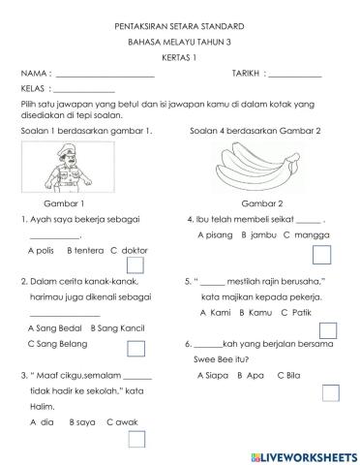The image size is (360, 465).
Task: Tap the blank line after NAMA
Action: pos(105,76)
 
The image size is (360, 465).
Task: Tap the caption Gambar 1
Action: pos(65,204)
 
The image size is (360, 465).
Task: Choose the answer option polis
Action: pos(44,250)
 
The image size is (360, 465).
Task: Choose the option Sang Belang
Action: pos(52,344)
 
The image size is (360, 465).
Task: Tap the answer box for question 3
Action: pos(136,439)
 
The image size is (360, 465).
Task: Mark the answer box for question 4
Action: pos(322,254)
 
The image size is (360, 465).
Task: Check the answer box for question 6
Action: pos(330,392)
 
